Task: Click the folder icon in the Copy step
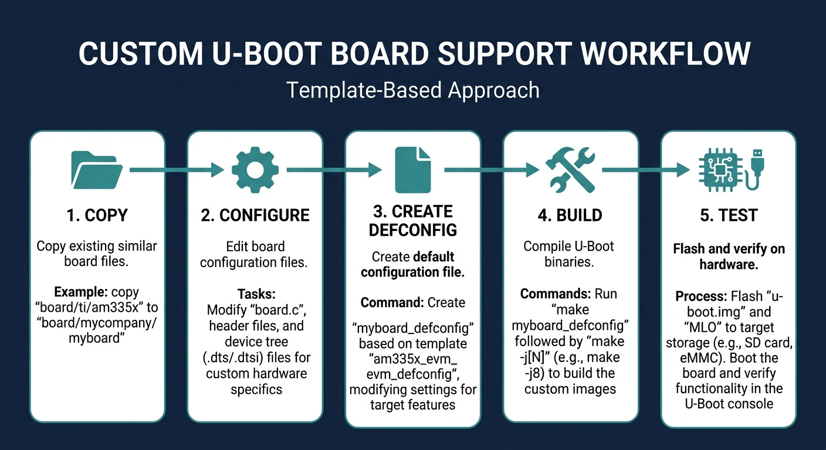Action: (x=97, y=170)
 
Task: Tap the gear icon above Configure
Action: (x=255, y=170)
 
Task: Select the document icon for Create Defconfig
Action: (x=412, y=170)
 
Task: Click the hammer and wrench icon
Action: (x=570, y=170)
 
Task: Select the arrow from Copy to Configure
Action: (x=176, y=170)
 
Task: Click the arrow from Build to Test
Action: (x=645, y=170)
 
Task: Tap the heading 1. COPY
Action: (x=97, y=215)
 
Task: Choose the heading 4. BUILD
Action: (x=570, y=215)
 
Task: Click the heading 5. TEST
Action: (x=729, y=215)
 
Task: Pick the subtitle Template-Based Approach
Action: (x=412, y=90)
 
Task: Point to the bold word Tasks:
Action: (x=256, y=294)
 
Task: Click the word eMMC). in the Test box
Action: (x=696, y=358)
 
